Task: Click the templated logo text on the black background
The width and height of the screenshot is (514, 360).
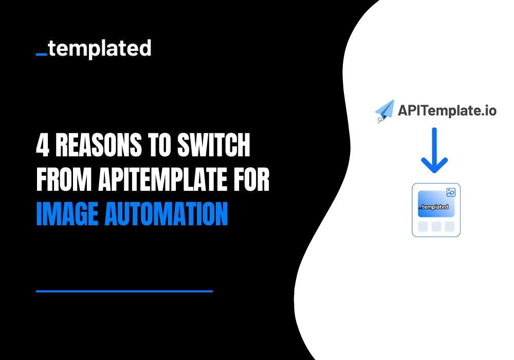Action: click(x=100, y=49)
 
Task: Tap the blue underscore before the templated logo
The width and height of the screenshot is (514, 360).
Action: click(x=42, y=53)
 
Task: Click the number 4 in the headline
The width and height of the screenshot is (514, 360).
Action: click(x=42, y=147)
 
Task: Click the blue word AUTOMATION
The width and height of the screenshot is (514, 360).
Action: click(x=166, y=214)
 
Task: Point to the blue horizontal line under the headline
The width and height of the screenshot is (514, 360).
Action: click(x=124, y=291)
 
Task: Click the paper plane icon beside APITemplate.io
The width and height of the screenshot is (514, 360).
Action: click(x=385, y=111)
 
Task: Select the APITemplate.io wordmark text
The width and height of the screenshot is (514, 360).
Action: click(x=447, y=110)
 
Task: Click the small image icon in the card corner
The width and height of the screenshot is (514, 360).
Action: click(x=451, y=192)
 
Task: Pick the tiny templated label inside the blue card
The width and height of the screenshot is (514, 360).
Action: click(x=434, y=207)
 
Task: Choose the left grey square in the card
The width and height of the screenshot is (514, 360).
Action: click(x=423, y=226)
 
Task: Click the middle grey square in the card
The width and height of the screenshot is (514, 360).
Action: click(x=436, y=226)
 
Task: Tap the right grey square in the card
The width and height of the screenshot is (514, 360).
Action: click(x=449, y=226)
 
